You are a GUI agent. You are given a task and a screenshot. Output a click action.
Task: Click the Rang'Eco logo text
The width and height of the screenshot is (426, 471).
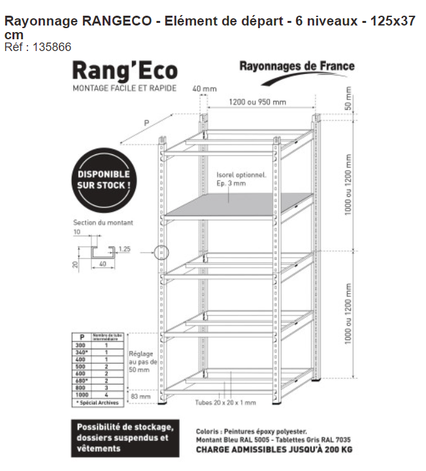pyautogui.click(x=123, y=71)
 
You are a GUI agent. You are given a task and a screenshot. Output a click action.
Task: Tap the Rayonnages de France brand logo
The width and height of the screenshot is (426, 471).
pyautogui.click(x=297, y=66)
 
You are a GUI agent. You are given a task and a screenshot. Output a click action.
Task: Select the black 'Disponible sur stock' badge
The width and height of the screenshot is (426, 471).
pyautogui.click(x=104, y=180)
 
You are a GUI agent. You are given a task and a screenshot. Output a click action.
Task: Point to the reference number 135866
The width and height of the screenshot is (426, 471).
pyautogui.click(x=52, y=47)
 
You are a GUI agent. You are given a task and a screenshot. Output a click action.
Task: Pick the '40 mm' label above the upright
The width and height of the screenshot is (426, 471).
pyautogui.click(x=205, y=89)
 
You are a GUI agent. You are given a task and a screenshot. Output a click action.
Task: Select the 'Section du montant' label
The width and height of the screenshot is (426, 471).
pyautogui.click(x=103, y=222)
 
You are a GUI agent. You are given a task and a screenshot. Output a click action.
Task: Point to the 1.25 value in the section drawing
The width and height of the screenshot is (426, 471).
pyautogui.click(x=124, y=249)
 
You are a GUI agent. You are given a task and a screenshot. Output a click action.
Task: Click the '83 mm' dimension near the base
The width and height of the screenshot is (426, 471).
pyautogui.click(x=140, y=396)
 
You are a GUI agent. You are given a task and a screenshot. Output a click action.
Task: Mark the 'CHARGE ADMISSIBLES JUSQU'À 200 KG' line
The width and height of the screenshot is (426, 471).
pyautogui.click(x=274, y=449)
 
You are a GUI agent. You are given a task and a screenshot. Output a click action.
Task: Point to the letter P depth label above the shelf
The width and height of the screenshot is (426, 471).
pyautogui.click(x=146, y=122)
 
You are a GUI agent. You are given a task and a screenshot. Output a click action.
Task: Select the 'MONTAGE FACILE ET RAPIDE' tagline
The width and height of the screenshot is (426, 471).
pyautogui.click(x=124, y=88)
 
